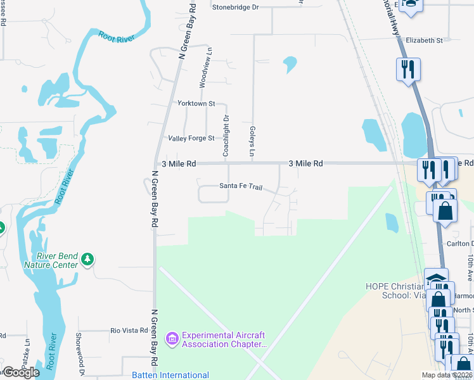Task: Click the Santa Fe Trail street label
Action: [240, 187]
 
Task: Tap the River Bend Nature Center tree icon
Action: [87, 260]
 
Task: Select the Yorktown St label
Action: [196, 103]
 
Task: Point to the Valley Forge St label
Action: [191, 138]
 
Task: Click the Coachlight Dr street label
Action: [226, 136]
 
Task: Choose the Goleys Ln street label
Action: [252, 141]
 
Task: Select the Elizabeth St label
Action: [424, 40]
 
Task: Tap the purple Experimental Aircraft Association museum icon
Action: [172, 339]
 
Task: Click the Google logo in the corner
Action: [20, 372]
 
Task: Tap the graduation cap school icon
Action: [436, 279]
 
